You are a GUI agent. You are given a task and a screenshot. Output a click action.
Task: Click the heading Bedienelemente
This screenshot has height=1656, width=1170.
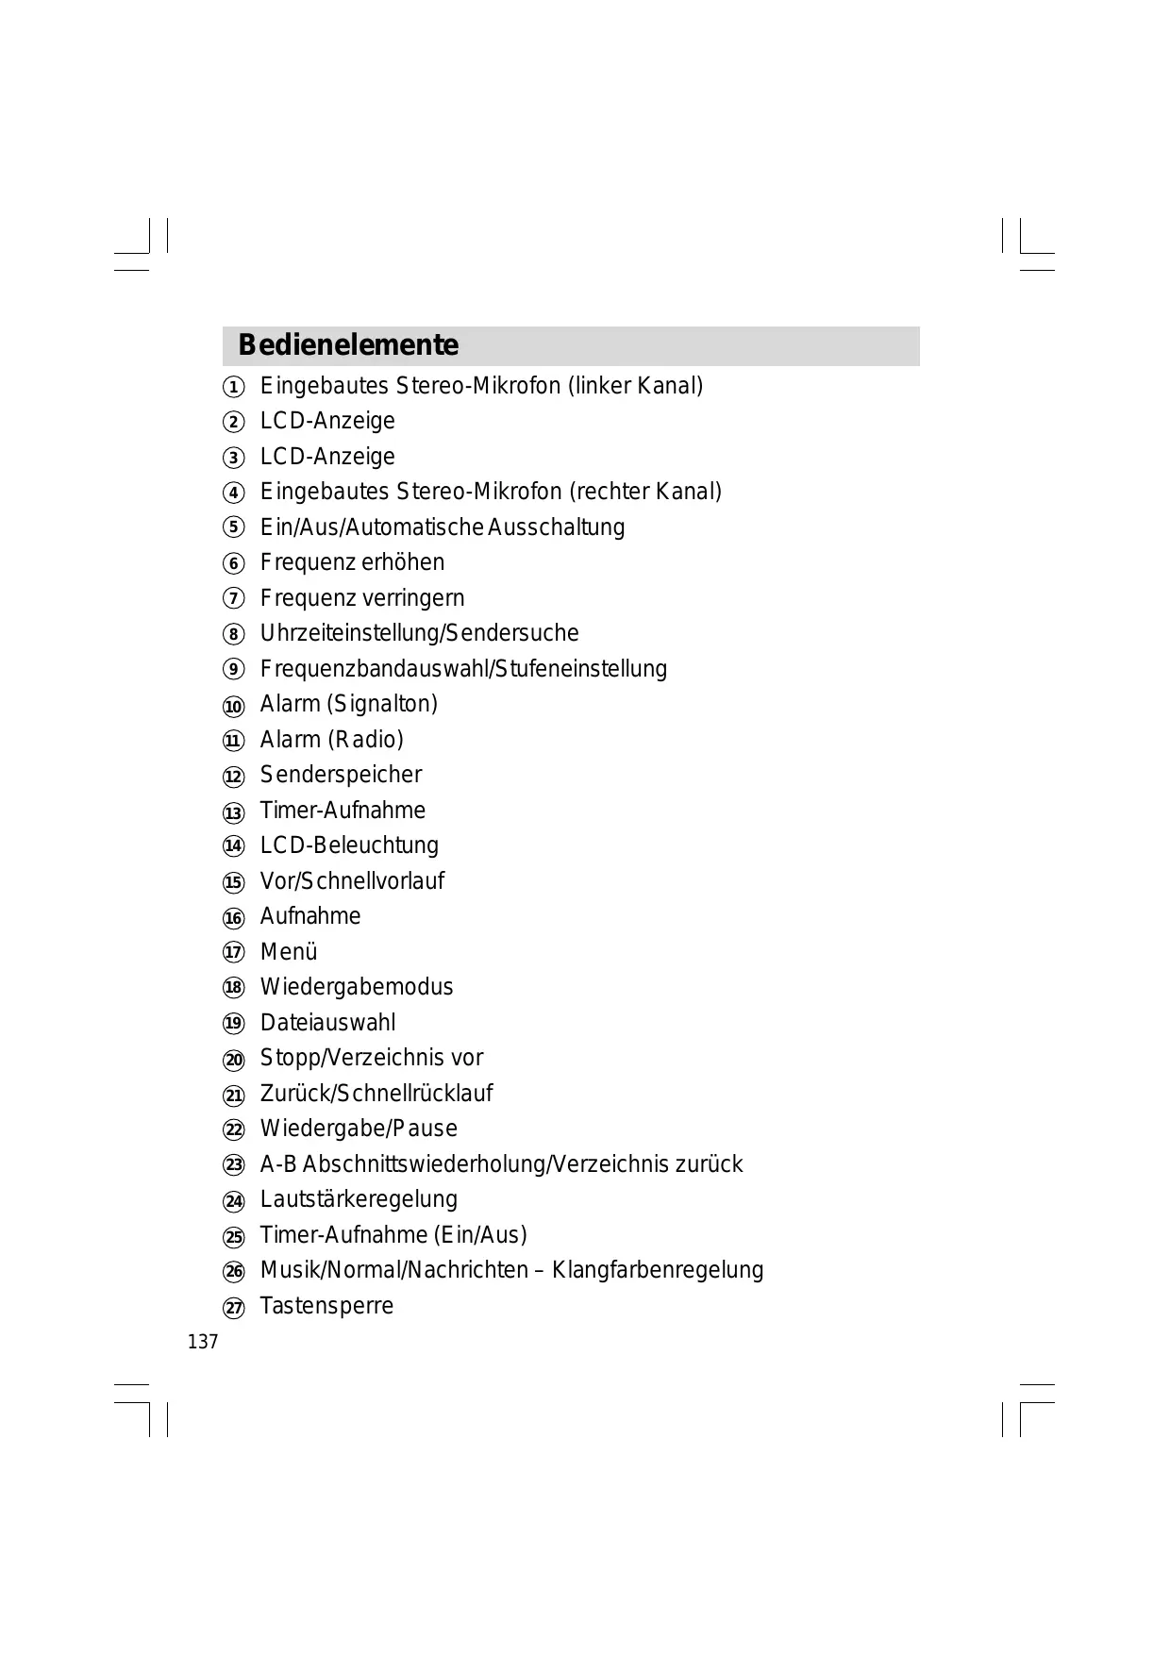pos(348,345)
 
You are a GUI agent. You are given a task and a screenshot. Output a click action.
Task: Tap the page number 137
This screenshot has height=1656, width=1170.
pos(203,1342)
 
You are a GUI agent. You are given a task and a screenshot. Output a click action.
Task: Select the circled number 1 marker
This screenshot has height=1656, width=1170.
pos(233,388)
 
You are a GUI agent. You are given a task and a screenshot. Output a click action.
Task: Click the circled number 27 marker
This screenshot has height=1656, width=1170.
pos(233,1308)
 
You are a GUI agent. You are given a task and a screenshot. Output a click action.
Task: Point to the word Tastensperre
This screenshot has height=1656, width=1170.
pos(326,1306)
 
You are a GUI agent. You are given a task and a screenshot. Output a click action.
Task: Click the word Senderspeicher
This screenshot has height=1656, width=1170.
pos(341,775)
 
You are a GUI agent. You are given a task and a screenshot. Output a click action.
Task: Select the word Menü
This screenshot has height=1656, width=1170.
pos(289,952)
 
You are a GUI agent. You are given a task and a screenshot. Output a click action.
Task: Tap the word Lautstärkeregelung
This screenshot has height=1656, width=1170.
pos(359,1199)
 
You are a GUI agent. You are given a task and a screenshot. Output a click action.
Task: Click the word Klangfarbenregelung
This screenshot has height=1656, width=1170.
pos(658,1270)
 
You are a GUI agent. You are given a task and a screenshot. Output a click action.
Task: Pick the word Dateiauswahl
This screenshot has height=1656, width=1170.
pos(327,1023)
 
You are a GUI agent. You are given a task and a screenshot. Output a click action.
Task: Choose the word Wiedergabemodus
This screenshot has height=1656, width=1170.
pos(357,987)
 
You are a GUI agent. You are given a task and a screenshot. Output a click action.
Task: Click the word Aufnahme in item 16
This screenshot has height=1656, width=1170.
pos(310,916)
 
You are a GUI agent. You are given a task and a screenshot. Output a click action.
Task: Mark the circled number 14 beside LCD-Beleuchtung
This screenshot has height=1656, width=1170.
pos(233,846)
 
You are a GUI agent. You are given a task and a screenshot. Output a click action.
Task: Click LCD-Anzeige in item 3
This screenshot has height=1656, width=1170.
pos(327,457)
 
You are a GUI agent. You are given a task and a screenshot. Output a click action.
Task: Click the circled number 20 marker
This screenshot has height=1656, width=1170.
pos(233,1060)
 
